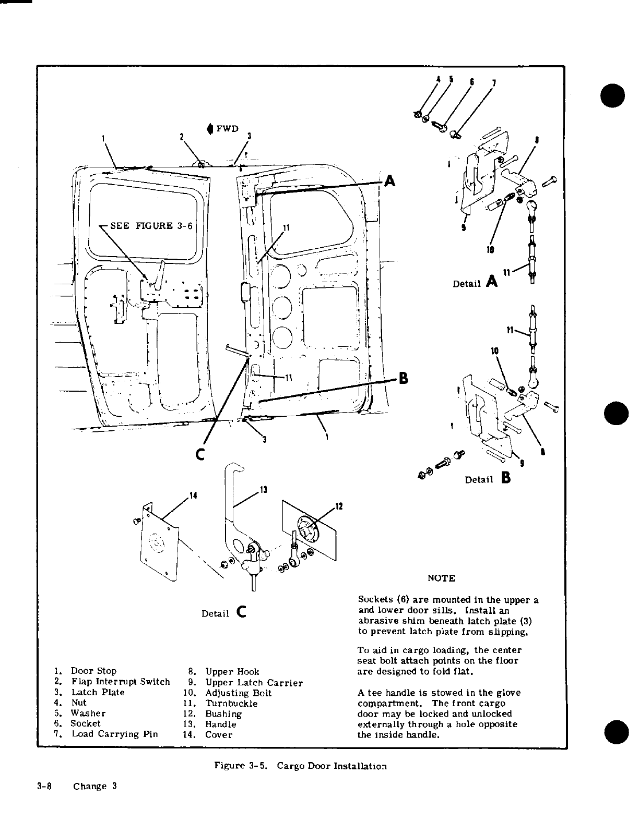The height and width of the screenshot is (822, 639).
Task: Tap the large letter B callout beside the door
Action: pyautogui.click(x=403, y=377)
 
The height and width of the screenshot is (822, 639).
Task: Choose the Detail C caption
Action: pyautogui.click(x=224, y=612)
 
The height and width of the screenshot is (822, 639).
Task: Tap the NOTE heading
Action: pyautogui.click(x=441, y=578)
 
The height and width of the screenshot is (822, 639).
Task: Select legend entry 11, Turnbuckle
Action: pyautogui.click(x=224, y=703)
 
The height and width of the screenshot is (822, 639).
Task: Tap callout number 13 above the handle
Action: pyautogui.click(x=263, y=489)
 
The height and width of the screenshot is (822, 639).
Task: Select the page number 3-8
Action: pyautogui.click(x=43, y=786)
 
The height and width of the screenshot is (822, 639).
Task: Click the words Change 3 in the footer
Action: pyautogui.click(x=94, y=786)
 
